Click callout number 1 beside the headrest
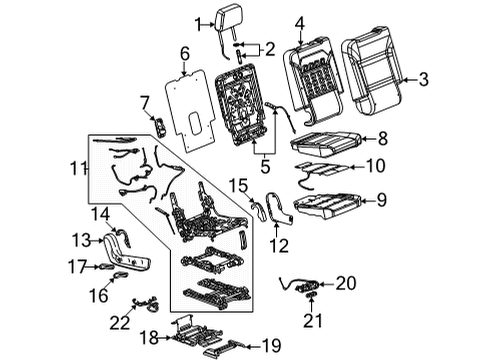[x=198, y=23]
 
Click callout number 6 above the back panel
[x=183, y=53]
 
